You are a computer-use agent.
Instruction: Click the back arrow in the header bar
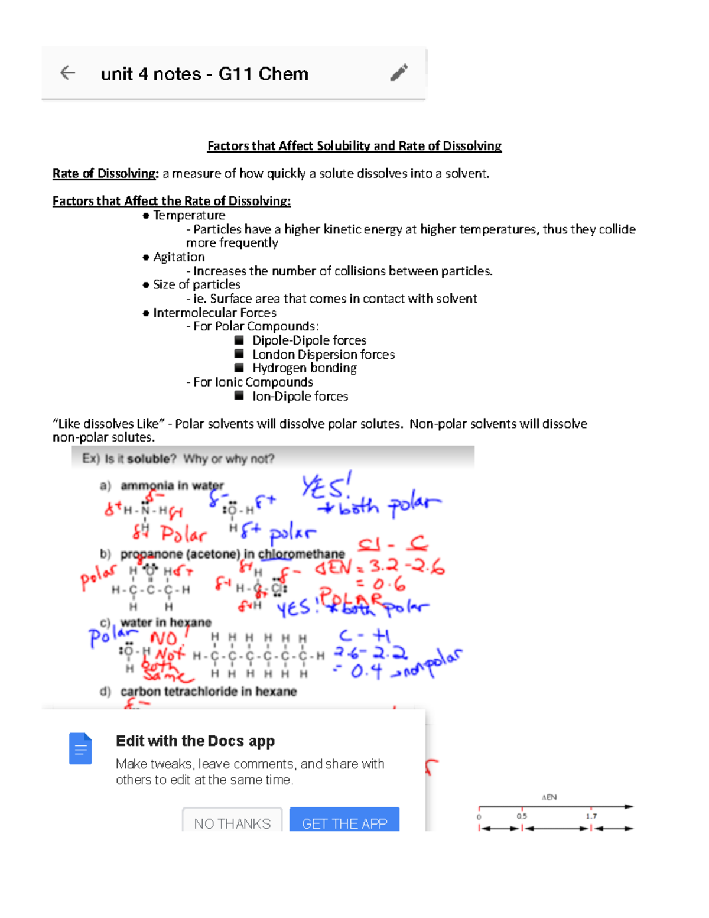pyautogui.click(x=68, y=73)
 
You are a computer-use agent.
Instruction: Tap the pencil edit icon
pyautogui.click(x=399, y=73)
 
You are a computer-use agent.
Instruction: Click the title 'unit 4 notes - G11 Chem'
pyautogui.click(x=204, y=74)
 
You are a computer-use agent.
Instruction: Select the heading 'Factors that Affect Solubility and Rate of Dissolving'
pyautogui.click(x=354, y=146)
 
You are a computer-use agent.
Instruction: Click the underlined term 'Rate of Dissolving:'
pyautogui.click(x=105, y=174)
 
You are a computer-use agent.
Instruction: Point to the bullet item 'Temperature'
pyautogui.click(x=189, y=215)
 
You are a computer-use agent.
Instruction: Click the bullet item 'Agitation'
pyautogui.click(x=179, y=257)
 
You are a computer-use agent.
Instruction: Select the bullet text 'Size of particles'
pyautogui.click(x=197, y=284)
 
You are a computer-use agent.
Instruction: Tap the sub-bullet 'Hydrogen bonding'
pyautogui.click(x=304, y=368)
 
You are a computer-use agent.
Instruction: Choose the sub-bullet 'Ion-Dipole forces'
pyautogui.click(x=300, y=396)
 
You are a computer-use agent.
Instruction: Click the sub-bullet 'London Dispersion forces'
pyautogui.click(x=323, y=355)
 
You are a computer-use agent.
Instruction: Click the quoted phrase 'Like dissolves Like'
pyautogui.click(x=109, y=424)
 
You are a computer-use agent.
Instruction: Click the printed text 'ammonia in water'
pyautogui.click(x=172, y=486)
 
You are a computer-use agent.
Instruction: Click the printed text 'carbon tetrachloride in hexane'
pyautogui.click(x=209, y=692)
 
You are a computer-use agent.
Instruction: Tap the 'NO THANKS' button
pyautogui.click(x=232, y=822)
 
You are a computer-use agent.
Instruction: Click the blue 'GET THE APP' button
pyautogui.click(x=344, y=822)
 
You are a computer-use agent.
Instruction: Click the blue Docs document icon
pyautogui.click(x=80, y=749)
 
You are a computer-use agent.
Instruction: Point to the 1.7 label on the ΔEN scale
pyautogui.click(x=591, y=816)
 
